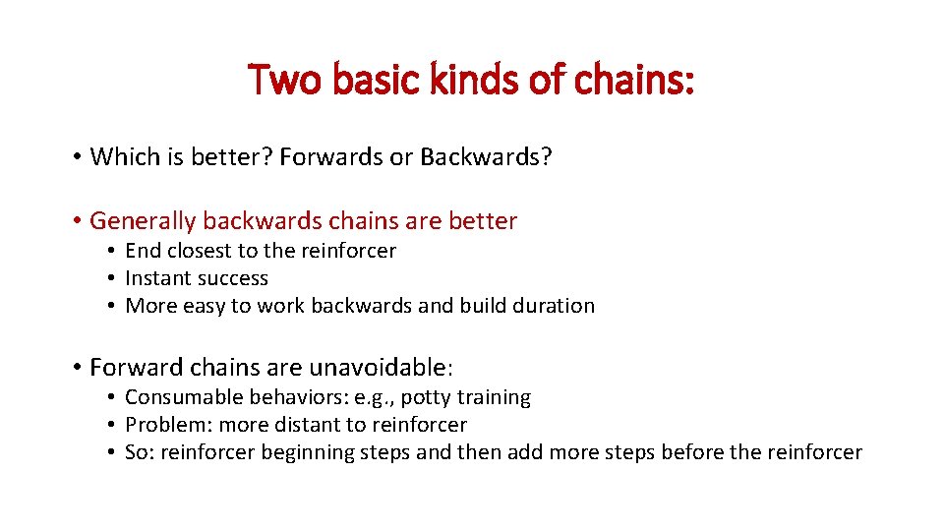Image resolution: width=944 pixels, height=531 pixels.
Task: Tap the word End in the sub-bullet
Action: (144, 251)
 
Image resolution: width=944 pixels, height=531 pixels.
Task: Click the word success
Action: (233, 278)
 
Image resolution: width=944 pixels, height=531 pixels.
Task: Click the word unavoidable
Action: (378, 368)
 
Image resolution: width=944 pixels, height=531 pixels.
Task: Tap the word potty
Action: (427, 398)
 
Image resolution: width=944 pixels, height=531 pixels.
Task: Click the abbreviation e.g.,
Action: (377, 398)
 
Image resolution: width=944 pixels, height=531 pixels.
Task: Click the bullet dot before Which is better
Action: (76, 157)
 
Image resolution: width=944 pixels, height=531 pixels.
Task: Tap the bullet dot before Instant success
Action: (113, 278)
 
